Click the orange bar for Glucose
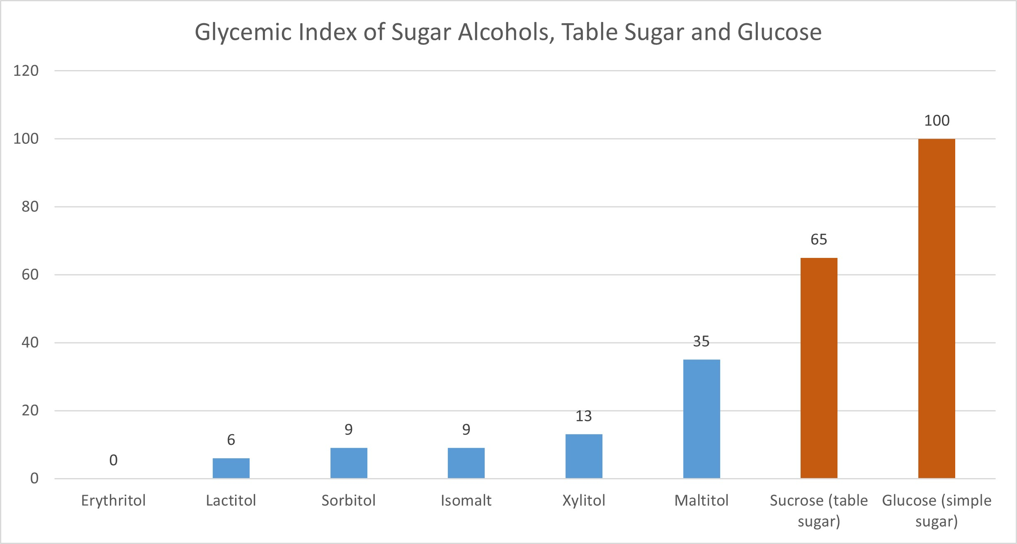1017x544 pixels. tap(936, 308)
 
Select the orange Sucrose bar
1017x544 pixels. tap(819, 368)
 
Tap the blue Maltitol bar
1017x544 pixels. tap(701, 419)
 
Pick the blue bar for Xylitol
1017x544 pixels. tap(584, 456)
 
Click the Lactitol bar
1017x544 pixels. tap(231, 468)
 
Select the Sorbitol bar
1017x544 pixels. tap(349, 463)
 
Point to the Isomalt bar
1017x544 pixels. tap(466, 463)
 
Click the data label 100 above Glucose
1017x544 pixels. tap(937, 121)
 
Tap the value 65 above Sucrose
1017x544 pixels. tap(819, 240)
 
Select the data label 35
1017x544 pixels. tap(701, 342)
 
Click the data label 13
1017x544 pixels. tap(583, 416)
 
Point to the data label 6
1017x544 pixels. tap(231, 440)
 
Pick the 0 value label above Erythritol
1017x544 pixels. tap(113, 460)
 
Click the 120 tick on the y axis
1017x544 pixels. tap(26, 71)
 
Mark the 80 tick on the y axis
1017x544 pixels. tap(30, 207)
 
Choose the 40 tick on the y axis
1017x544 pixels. tap(30, 343)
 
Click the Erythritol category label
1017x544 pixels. tap(113, 500)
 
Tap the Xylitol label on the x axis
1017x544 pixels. tap(584, 500)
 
